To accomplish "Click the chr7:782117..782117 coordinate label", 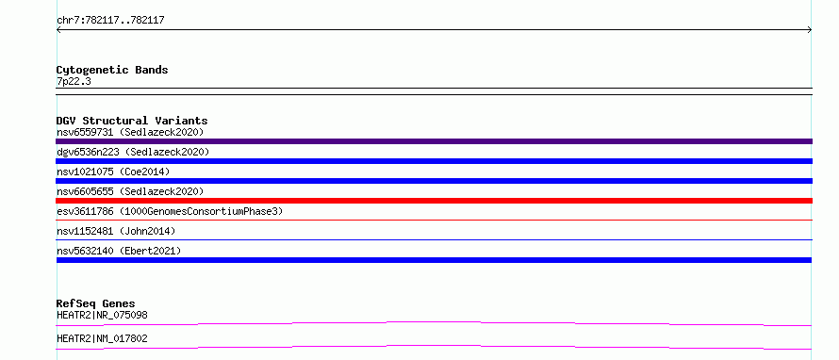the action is [x=110, y=21].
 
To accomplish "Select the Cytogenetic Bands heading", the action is [x=112, y=70].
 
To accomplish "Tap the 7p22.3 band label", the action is [x=74, y=81].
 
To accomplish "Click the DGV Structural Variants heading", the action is [x=132, y=121].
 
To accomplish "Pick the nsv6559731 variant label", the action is [x=85, y=132].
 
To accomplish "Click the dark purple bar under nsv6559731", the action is [x=434, y=141].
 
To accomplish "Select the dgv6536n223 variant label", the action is [x=88, y=152].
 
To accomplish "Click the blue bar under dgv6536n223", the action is [x=434, y=161].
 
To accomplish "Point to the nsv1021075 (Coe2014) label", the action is [x=113, y=172].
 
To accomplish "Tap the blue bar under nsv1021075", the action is [x=434, y=181].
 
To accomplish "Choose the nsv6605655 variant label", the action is [x=85, y=191].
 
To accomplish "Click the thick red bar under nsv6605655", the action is [x=434, y=201].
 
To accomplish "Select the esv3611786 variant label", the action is [x=85, y=211].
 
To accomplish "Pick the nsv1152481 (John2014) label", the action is [x=116, y=231].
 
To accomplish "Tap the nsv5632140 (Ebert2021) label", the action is [x=119, y=251].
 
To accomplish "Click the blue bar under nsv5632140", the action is [x=434, y=260].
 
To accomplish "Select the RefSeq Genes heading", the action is [x=96, y=303].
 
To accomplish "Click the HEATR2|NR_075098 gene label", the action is [x=102, y=315].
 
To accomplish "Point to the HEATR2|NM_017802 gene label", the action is [x=102, y=338].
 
